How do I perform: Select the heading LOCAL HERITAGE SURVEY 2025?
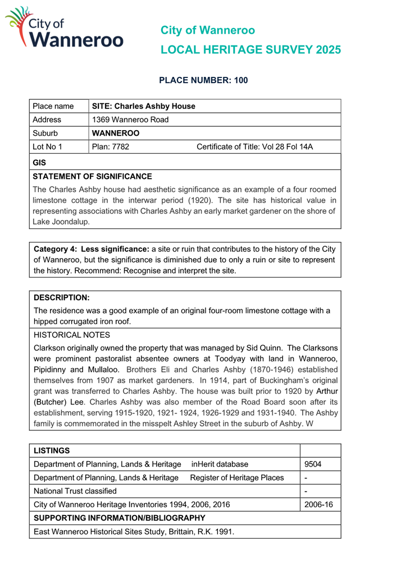point(250,50)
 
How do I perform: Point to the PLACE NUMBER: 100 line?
point(203,81)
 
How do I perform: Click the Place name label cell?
point(53,106)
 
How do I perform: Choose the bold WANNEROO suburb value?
point(116,134)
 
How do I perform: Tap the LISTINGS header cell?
point(52,450)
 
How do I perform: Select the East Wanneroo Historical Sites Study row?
point(134,531)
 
